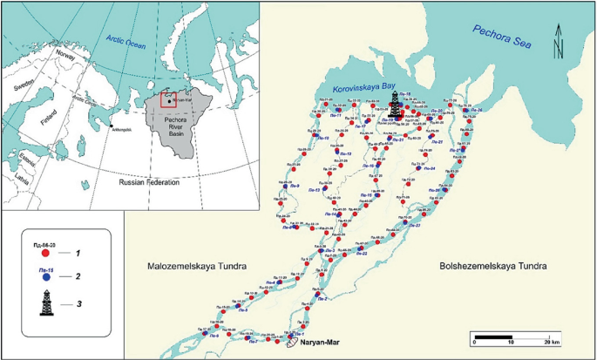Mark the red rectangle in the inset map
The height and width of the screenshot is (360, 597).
click(169, 98)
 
